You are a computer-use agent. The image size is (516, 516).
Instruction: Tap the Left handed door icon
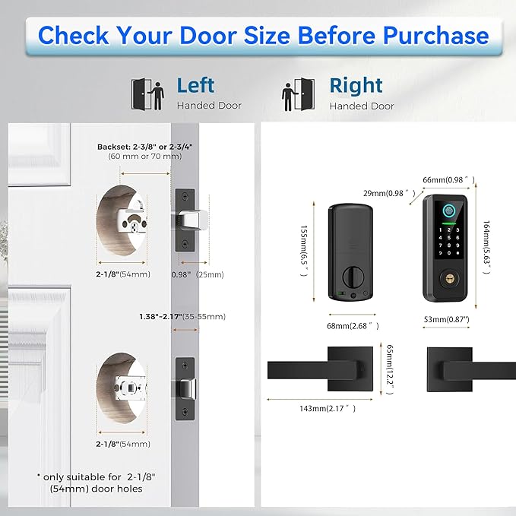(x=147, y=93)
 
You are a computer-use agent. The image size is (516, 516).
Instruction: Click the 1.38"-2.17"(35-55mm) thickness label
(x=182, y=316)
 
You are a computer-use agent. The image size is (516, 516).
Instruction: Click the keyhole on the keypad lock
(x=451, y=279)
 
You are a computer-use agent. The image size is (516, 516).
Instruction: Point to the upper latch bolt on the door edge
(x=185, y=220)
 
